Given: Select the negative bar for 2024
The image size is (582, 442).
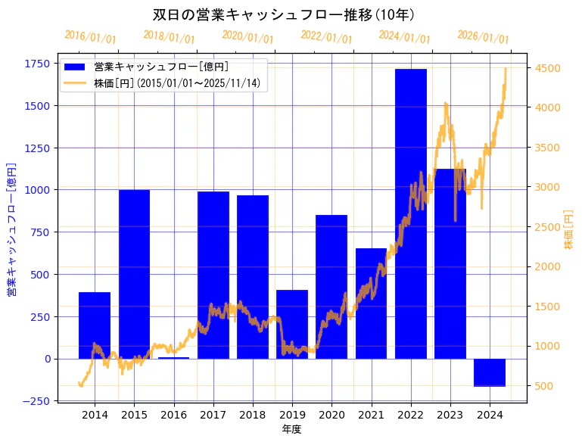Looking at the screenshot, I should pos(490,372).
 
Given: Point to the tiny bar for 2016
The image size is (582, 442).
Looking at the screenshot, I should pos(173,358).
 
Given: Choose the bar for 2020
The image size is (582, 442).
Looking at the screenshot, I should pos(331,287).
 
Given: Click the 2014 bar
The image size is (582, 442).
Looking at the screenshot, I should pos(95,325).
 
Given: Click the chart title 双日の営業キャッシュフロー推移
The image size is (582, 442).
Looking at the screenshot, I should pos(284,14).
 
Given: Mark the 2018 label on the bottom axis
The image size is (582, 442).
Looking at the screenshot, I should pos(252,415).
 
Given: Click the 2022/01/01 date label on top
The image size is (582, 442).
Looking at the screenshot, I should pos(326,37).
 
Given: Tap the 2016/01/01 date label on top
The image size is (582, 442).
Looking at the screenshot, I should pos(90,37).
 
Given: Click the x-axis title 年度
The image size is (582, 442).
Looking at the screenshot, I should pos(291,429).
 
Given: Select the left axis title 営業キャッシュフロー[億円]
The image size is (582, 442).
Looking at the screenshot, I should pos(11,229).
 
